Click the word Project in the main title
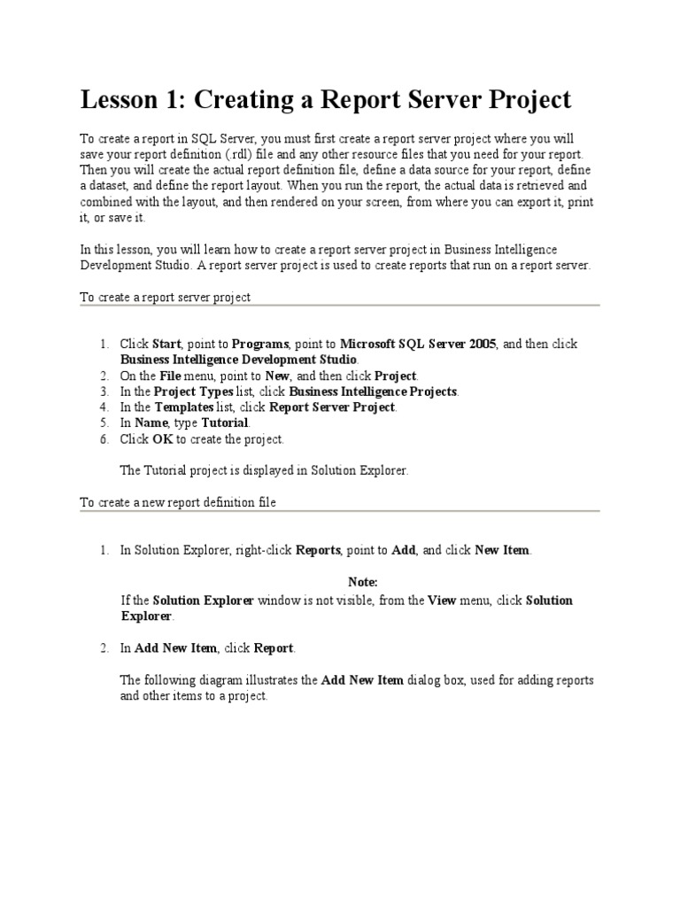tap(524, 100)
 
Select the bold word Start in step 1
tap(166, 344)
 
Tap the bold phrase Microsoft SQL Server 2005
tap(418, 344)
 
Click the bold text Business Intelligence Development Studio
tap(239, 360)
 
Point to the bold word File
tap(170, 376)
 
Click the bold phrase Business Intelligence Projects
tap(373, 391)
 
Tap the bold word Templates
tap(184, 407)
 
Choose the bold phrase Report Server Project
tap(332, 407)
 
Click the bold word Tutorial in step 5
tap(225, 423)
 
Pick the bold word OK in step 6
tap(161, 439)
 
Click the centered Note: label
tap(363, 582)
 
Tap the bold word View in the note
tap(442, 601)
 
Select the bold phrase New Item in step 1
tap(502, 550)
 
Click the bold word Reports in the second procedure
tap(318, 550)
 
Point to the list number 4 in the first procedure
tap(104, 407)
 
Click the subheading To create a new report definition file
tap(178, 502)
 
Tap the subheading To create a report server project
tap(166, 298)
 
